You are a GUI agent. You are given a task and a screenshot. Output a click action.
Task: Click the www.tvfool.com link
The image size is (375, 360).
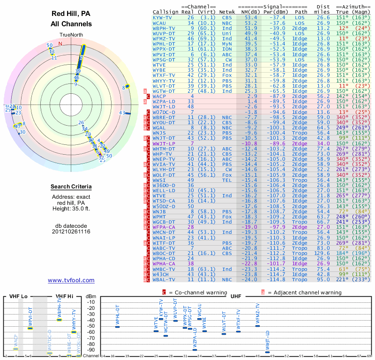pyautogui.click(x=71, y=280)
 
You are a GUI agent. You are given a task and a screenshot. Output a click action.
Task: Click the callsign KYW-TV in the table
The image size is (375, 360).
pyautogui.click(x=163, y=17)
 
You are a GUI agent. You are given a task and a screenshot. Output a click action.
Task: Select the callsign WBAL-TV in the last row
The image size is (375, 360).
pyautogui.click(x=164, y=280)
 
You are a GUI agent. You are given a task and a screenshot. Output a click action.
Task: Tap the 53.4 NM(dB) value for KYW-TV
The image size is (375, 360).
pyautogui.click(x=250, y=17)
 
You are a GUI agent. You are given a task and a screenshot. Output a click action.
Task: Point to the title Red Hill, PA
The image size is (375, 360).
pyautogui.click(x=71, y=14)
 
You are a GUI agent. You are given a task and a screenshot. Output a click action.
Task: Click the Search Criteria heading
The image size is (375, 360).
pyautogui.click(x=71, y=187)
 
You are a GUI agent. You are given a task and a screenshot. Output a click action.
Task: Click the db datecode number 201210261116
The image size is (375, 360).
pyautogui.click(x=71, y=232)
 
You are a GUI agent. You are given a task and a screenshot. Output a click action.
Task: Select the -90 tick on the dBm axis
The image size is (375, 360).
pyautogui.click(x=90, y=350)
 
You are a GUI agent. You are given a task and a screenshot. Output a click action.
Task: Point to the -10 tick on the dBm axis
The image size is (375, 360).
pyautogui.click(x=90, y=302)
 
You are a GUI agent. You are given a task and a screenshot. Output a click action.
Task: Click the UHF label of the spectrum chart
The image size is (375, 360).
pyautogui.click(x=236, y=296)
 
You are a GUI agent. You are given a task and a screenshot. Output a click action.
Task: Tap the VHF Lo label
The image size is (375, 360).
pyautogui.click(x=18, y=296)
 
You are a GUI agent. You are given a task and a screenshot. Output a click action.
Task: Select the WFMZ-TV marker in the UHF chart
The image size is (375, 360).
pyautogui.click(x=257, y=325)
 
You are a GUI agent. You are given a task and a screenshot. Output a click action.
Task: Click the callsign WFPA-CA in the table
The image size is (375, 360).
pyautogui.click(x=164, y=227)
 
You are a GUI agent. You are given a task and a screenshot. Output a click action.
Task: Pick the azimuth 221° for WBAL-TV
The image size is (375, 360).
pyautogui.click(x=343, y=280)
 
